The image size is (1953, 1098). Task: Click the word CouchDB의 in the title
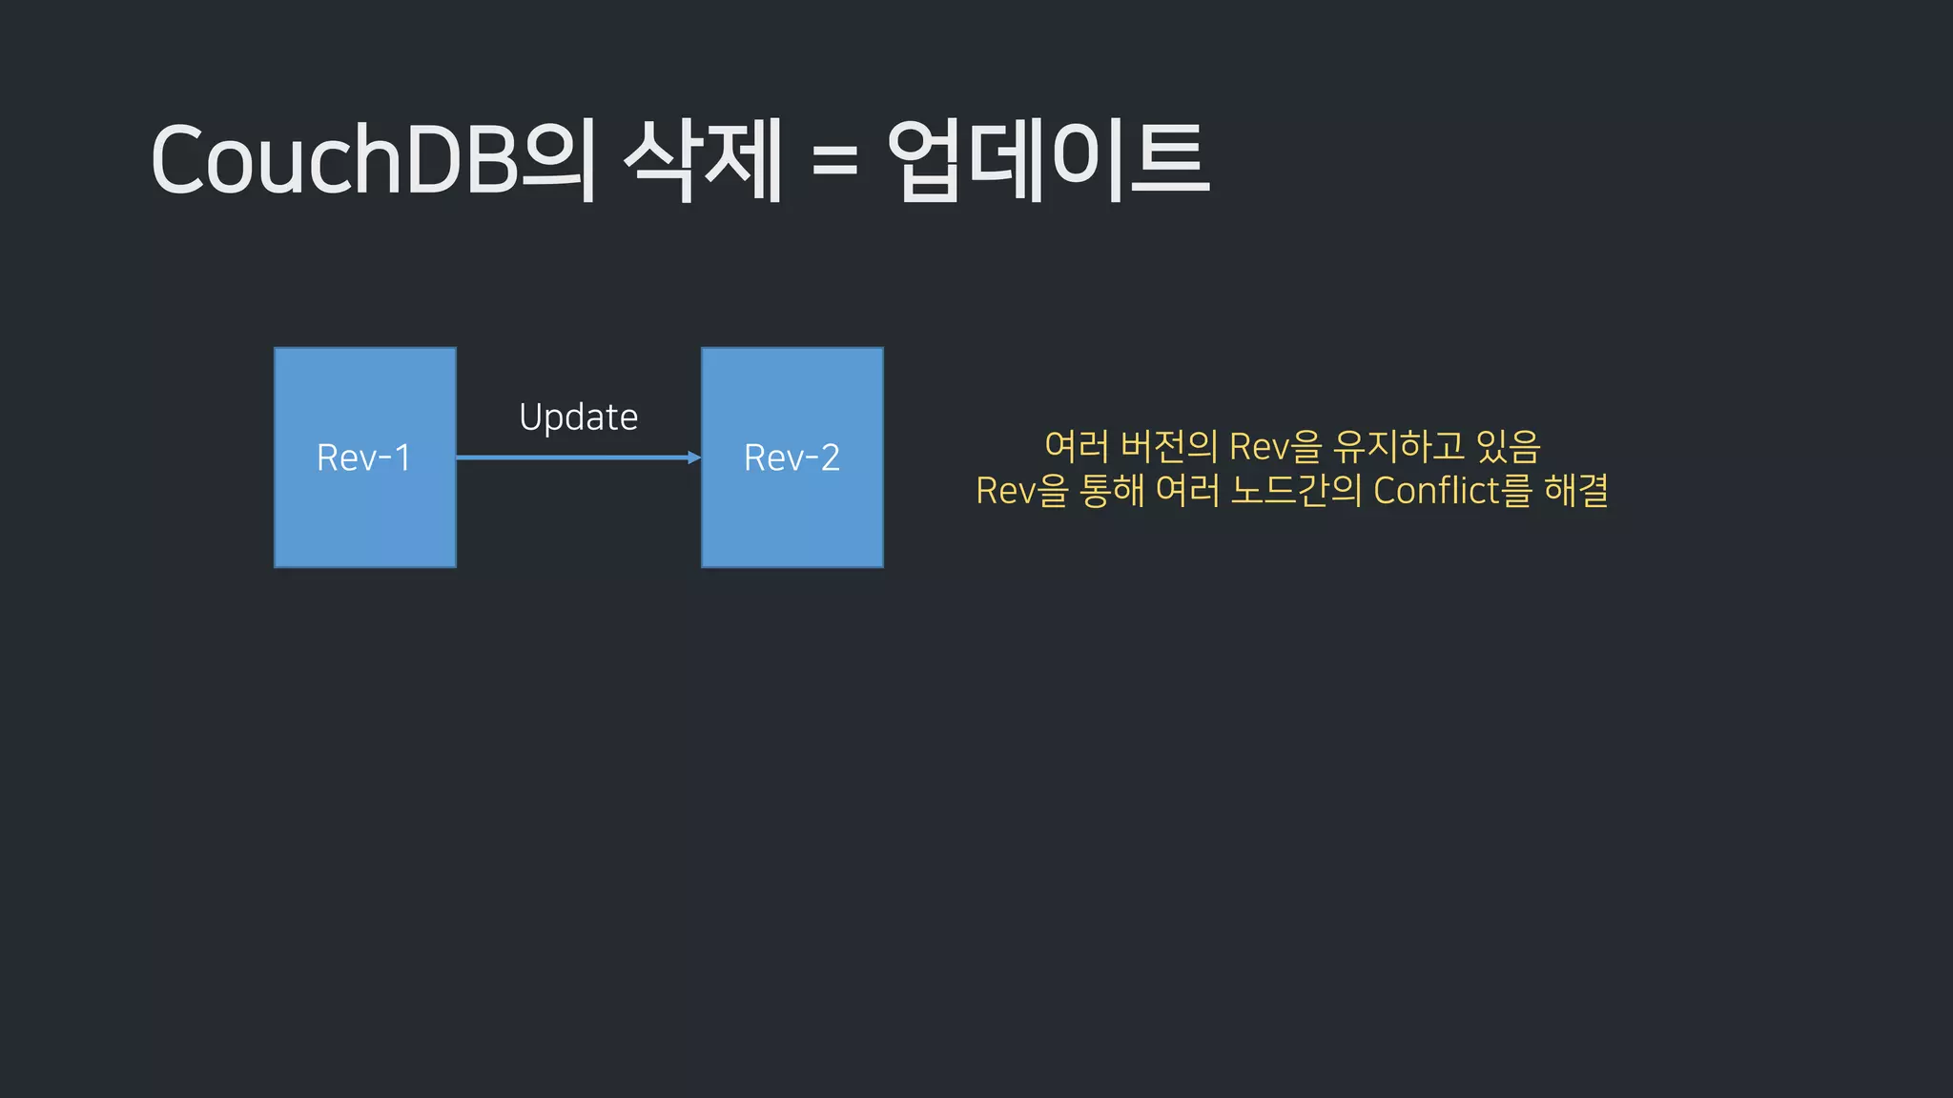(x=373, y=159)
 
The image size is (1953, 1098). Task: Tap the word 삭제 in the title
(x=703, y=159)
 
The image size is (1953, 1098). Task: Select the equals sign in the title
(x=834, y=160)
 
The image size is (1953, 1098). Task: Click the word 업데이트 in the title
(x=1048, y=159)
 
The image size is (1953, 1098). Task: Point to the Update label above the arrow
(x=578, y=417)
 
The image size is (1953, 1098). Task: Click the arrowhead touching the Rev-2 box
(x=694, y=457)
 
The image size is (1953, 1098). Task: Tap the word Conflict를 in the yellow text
(x=1452, y=491)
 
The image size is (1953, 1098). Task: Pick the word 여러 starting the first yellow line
(x=1077, y=446)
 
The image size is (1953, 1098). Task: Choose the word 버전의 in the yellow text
(x=1169, y=446)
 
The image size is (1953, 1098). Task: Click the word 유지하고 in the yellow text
(x=1399, y=446)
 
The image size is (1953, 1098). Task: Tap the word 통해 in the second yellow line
(x=1112, y=491)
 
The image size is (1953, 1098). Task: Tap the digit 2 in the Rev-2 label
(x=830, y=457)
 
